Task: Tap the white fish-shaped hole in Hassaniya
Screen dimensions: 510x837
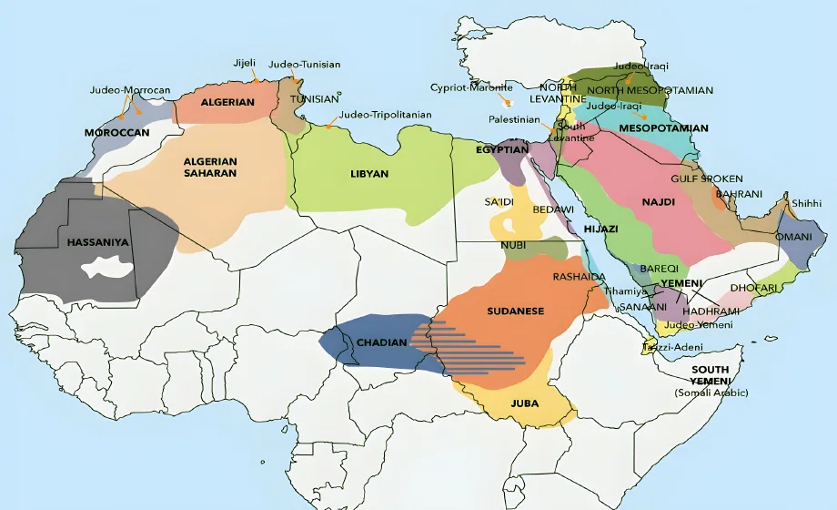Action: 108,269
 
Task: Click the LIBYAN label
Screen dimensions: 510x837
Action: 369,173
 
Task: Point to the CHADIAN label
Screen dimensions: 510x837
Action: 375,342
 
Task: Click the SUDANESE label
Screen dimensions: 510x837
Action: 515,311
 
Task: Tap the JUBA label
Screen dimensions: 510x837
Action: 524,403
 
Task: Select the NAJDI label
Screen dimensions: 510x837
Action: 658,201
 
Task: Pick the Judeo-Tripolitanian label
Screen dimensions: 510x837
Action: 385,116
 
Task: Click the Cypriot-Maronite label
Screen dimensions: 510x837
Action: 472,87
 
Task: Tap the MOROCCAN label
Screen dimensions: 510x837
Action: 116,133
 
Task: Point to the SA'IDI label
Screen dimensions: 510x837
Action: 499,200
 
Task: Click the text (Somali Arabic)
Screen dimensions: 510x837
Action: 711,393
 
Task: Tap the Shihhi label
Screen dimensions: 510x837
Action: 805,203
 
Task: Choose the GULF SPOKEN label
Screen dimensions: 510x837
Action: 707,178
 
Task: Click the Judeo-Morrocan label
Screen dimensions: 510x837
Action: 130,90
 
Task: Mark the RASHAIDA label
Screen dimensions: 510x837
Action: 580,276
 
